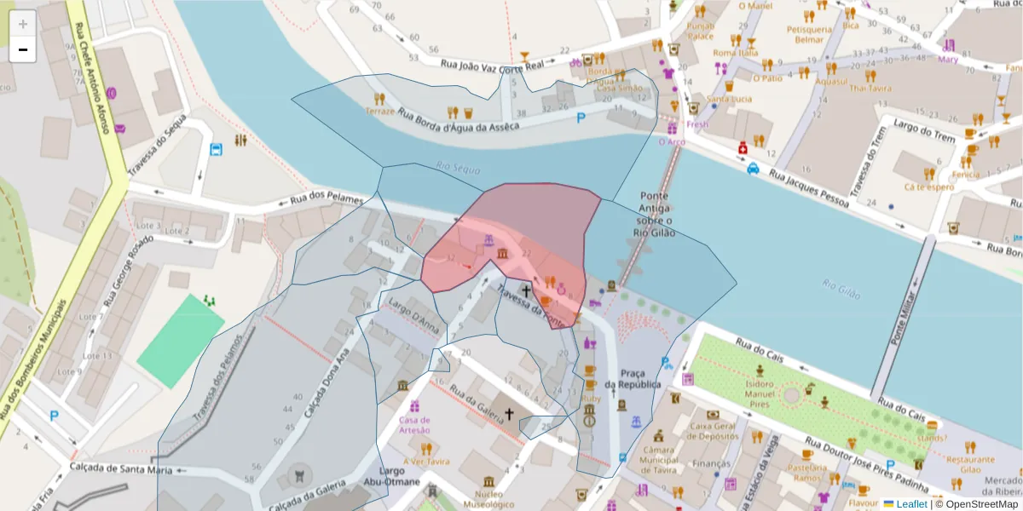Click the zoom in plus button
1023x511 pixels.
tap(23, 24)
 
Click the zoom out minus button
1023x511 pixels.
tap(23, 49)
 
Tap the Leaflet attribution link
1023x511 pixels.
tap(911, 503)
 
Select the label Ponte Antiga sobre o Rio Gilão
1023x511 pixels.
tap(655, 215)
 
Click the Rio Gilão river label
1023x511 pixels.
tap(841, 287)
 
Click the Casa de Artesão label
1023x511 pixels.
tap(414, 424)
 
